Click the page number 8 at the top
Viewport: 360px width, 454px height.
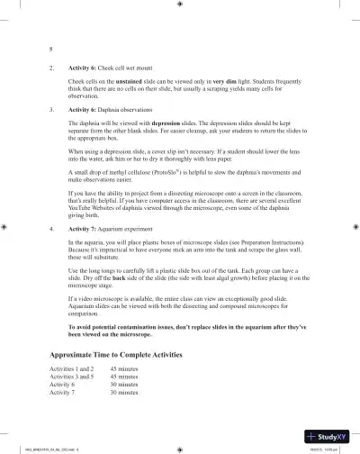pos(50,49)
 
